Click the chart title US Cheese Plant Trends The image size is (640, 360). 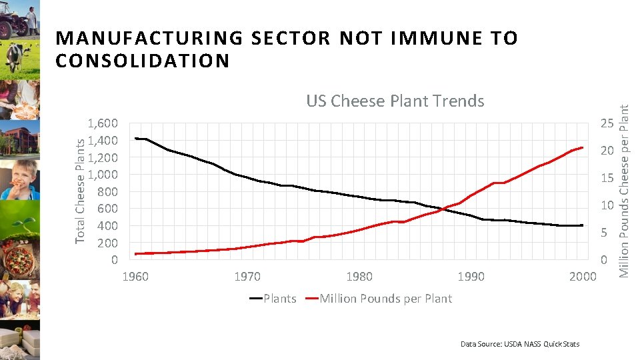tap(395, 101)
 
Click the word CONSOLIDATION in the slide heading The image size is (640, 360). tap(143, 61)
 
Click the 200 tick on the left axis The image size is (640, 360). tap(108, 243)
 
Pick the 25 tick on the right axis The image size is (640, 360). tap(607, 123)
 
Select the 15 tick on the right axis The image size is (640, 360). tap(607, 178)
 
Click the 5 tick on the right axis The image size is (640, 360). tap(604, 233)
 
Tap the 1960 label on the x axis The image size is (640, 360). tap(135, 277)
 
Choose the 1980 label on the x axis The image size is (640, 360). tap(359, 277)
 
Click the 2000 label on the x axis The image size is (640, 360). tap(582, 277)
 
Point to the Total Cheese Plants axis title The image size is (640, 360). tap(81, 191)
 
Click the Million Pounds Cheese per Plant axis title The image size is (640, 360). tap(625, 183)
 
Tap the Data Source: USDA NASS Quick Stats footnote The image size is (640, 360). tap(520, 344)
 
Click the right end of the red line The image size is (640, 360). tap(583, 147)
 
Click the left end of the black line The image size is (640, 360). tap(135, 138)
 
